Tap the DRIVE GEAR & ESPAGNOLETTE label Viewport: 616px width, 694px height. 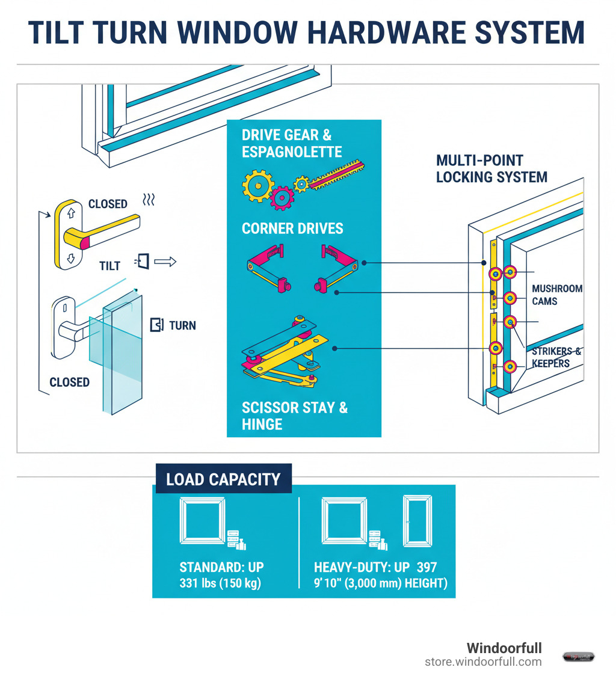click(292, 143)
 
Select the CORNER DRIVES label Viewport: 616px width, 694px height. click(292, 229)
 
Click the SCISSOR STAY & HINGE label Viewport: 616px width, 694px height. click(295, 416)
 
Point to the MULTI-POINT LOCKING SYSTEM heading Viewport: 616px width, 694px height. click(491, 169)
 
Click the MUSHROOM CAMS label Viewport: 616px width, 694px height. click(557, 295)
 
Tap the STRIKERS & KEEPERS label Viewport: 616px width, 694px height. click(556, 358)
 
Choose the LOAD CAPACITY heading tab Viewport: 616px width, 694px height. click(223, 479)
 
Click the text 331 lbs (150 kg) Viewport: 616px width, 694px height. click(220, 583)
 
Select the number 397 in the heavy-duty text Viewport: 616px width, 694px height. click(425, 567)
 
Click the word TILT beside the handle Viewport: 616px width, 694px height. click(110, 265)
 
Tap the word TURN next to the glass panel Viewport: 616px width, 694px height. click(182, 325)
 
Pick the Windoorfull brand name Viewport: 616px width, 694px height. click(504, 648)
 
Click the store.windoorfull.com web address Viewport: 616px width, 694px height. click(483, 662)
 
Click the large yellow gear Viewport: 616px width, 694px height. click(258, 185)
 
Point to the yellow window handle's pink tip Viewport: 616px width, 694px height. click(84, 242)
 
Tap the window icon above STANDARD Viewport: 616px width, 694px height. click(203, 521)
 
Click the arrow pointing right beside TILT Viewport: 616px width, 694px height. click(165, 262)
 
